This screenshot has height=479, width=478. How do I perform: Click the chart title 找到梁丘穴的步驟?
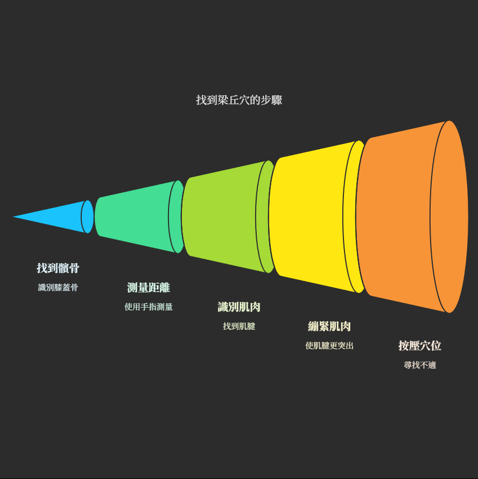pos(239,100)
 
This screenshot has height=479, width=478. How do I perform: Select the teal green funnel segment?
pos(135,217)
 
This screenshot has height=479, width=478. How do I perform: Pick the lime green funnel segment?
pos(221,217)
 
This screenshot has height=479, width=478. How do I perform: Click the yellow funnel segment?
pos(310,217)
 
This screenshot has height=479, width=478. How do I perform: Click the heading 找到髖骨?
pos(58,268)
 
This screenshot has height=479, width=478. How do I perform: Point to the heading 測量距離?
pos(149,288)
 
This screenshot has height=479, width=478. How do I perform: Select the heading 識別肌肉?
pos(239,307)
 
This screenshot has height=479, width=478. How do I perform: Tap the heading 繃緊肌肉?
pos(329,327)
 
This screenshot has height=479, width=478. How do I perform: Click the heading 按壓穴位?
pos(420,346)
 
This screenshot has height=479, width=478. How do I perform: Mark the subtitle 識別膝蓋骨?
pos(58,288)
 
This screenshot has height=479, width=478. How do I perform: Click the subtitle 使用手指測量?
pos(149,307)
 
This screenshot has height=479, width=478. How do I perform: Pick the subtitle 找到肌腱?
pos(239,327)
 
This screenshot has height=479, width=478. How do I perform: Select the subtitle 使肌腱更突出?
pos(329,346)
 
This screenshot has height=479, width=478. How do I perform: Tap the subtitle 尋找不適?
pos(420,365)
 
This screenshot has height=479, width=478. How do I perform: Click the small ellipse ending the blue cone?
pos(88,217)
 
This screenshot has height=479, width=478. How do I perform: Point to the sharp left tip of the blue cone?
pos(15,217)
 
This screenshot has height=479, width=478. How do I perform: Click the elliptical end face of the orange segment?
pos(450,217)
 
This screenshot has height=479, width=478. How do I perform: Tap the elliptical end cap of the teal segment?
pos(177,217)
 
